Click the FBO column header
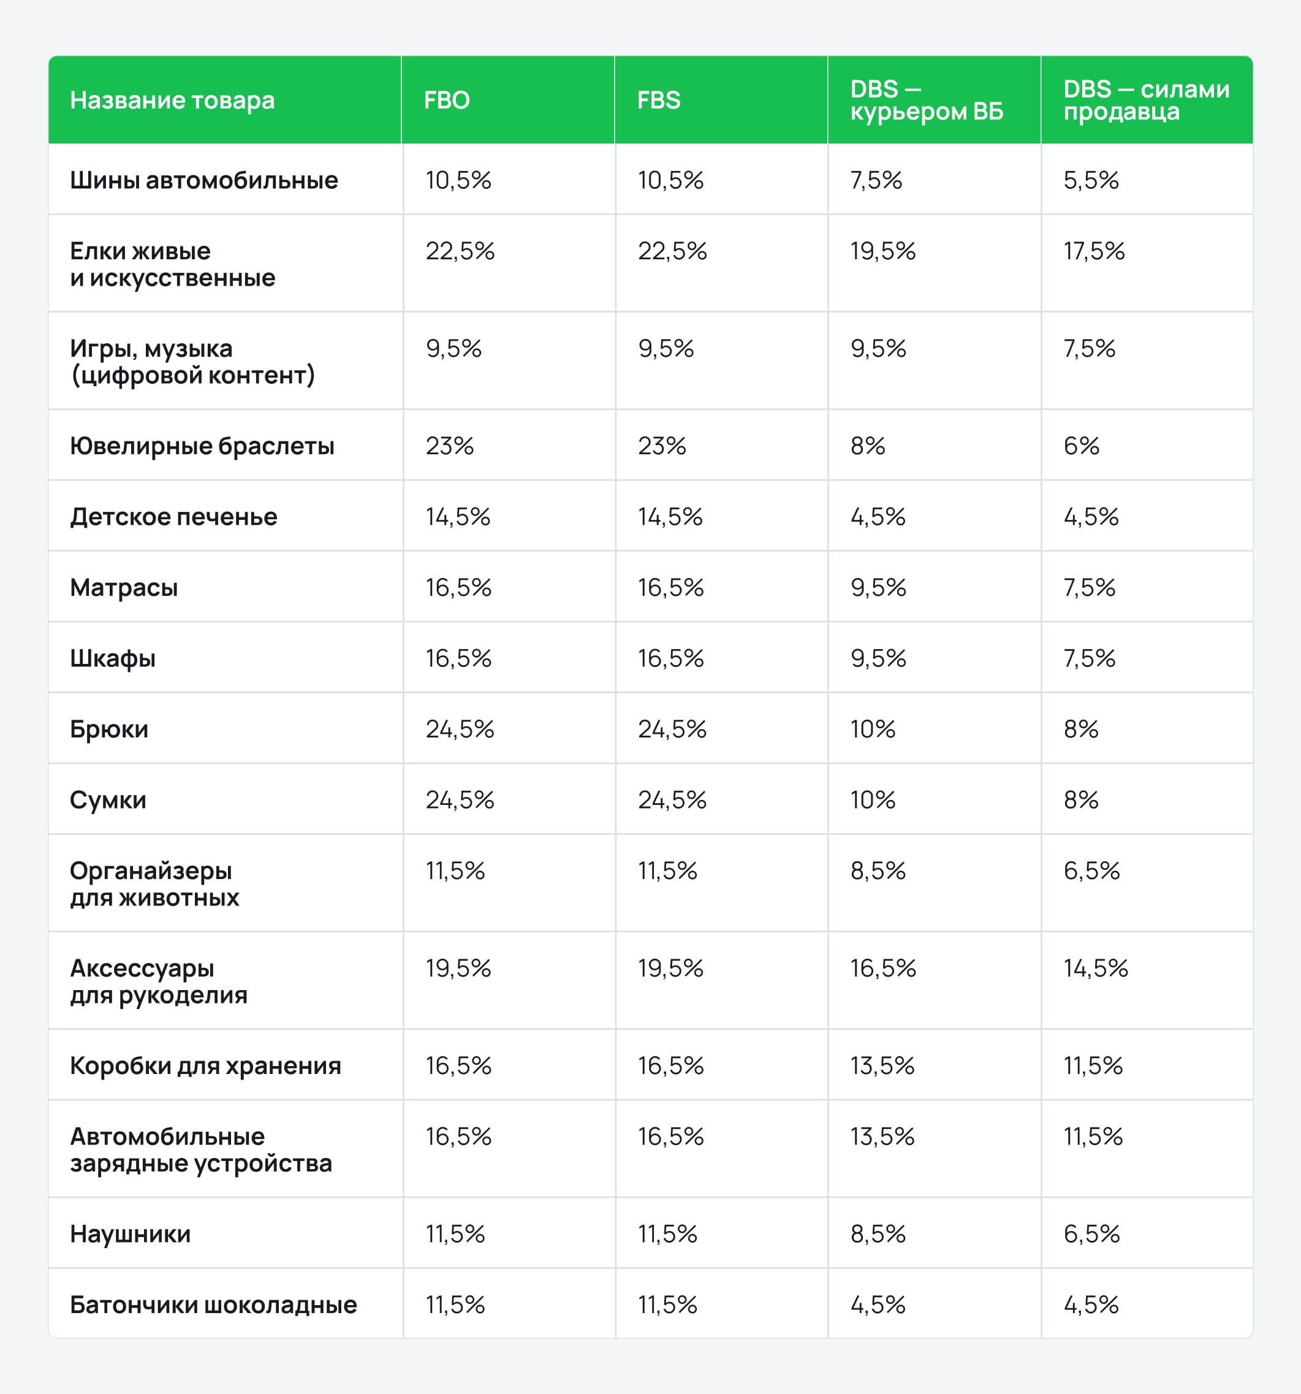(x=447, y=101)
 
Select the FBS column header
(x=658, y=101)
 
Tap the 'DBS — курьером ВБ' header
(x=926, y=101)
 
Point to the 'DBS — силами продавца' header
(x=1145, y=101)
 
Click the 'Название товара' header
(x=172, y=101)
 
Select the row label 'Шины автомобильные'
(x=203, y=180)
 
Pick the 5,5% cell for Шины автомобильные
(x=1091, y=180)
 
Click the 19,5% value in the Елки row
(x=882, y=251)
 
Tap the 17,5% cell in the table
(x=1093, y=251)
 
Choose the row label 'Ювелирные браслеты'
(x=202, y=446)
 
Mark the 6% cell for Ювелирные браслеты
(x=1081, y=446)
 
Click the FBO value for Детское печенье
(x=458, y=517)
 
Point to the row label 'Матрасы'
(x=123, y=588)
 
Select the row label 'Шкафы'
(x=112, y=658)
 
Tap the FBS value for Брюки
(x=672, y=729)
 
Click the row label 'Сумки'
(x=108, y=800)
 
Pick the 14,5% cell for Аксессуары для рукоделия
(x=1096, y=969)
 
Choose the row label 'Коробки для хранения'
(x=205, y=1066)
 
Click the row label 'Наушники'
(x=130, y=1234)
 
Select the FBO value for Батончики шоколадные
(x=455, y=1305)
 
